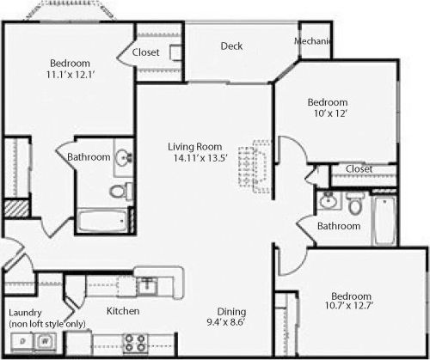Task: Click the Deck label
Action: coord(230,46)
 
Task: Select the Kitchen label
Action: coord(123,310)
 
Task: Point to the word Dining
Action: coord(232,311)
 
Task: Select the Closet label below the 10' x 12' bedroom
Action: coord(359,169)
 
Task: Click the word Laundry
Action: coord(25,312)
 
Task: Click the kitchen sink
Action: coord(147,283)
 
